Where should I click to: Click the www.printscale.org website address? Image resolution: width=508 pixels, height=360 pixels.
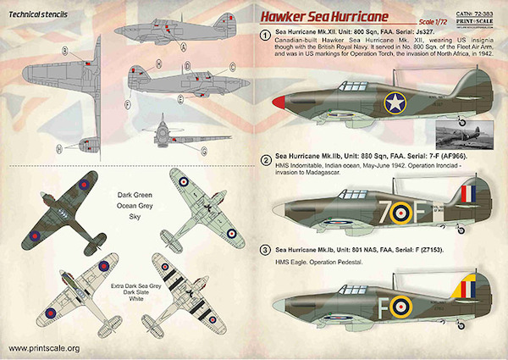pos(42,348)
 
